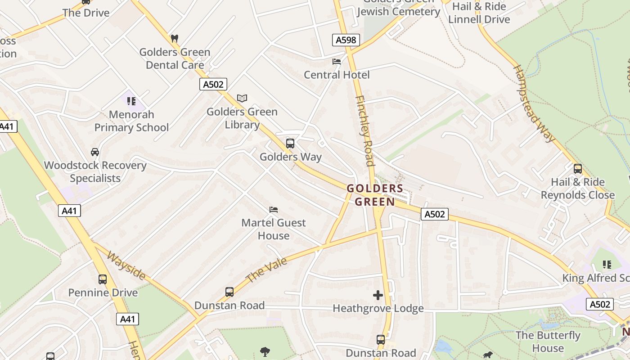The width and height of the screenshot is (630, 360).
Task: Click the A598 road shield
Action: point(346,40)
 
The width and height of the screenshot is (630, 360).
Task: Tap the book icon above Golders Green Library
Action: point(242,98)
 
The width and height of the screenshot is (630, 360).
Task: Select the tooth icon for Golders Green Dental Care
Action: point(175,39)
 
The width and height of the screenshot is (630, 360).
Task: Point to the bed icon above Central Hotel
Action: point(337,62)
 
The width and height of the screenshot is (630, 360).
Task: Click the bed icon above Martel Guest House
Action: point(274,210)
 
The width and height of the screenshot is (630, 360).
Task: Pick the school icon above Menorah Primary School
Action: point(131,101)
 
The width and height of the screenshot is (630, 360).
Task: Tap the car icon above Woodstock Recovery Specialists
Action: point(95,152)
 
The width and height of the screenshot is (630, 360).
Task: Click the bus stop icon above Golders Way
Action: point(290,144)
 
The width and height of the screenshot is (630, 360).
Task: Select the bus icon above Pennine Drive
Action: point(103,279)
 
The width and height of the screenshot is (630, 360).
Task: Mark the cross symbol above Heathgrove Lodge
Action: point(378,295)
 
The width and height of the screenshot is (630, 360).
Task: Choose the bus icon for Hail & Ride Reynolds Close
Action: point(578,169)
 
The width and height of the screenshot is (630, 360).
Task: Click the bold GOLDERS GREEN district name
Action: point(375,195)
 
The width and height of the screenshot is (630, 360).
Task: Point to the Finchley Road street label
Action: point(364,130)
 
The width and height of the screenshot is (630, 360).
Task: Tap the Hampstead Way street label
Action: point(534,103)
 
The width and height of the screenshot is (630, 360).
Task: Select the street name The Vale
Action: point(267,270)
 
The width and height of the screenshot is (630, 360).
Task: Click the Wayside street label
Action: point(126,265)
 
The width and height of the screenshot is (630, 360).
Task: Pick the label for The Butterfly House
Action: point(548,342)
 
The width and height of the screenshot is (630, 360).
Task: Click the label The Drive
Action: point(86,13)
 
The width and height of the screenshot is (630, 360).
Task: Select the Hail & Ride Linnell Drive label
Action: point(479,13)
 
